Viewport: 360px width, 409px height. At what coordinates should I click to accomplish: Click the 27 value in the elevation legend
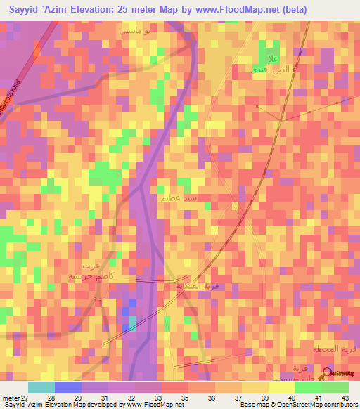26,397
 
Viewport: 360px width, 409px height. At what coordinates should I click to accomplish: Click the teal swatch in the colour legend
41,387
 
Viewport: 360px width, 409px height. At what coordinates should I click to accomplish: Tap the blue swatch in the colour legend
67,387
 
